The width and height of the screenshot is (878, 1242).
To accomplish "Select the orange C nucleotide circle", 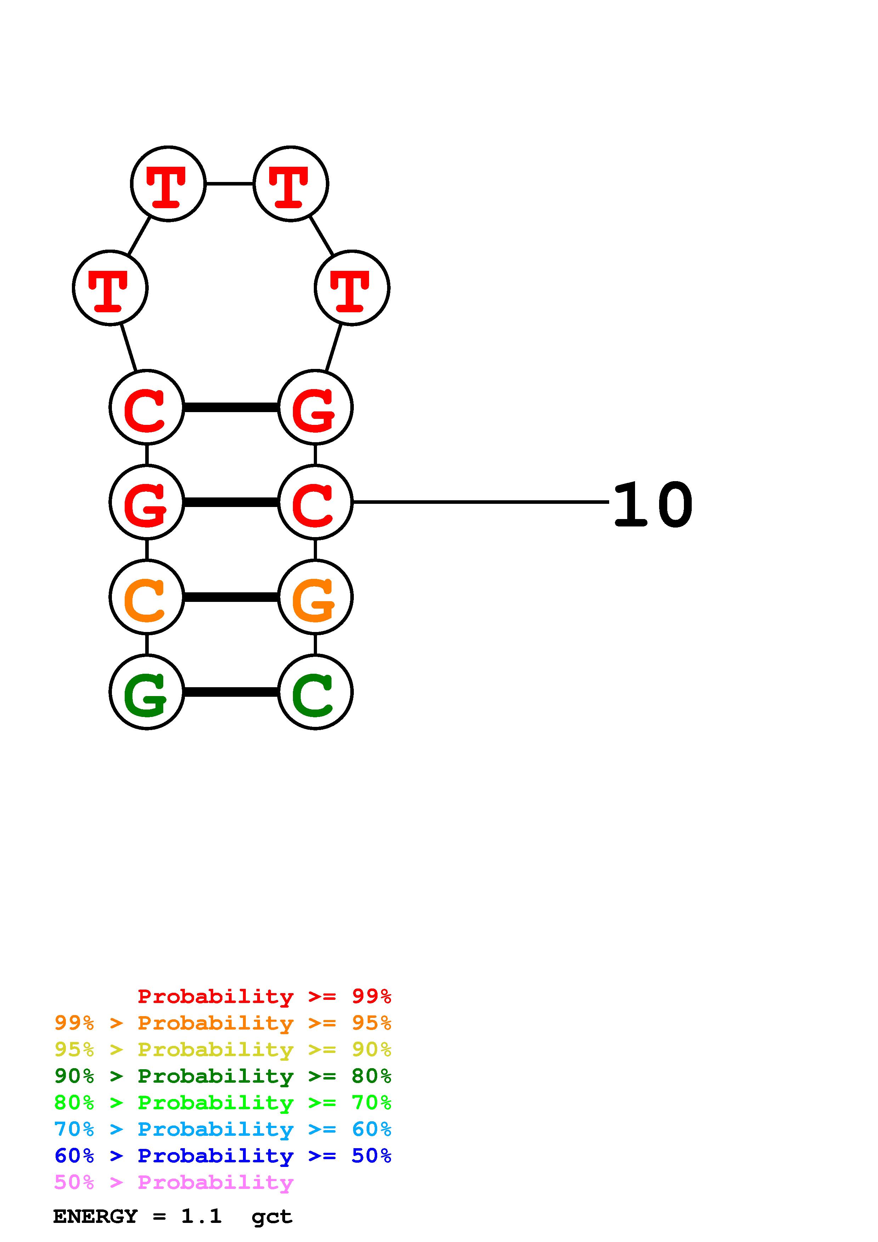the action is (147, 597).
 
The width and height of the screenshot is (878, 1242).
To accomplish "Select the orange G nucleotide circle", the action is (315, 597).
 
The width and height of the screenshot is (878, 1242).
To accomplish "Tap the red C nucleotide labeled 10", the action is (315, 502).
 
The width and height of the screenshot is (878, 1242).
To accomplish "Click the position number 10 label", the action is (653, 505).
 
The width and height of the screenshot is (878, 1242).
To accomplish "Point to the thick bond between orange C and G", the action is (231, 597).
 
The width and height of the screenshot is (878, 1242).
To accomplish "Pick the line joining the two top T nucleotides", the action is (230, 184).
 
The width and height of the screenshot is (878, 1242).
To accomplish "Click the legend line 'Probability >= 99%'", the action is (264, 996).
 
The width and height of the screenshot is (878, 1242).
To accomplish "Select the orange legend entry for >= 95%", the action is (222, 1023).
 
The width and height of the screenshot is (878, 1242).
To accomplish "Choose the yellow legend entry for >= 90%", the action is (222, 1049).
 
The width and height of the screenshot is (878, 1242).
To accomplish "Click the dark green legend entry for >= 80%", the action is (222, 1076).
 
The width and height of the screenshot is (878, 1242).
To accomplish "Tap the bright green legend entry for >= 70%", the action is (222, 1103).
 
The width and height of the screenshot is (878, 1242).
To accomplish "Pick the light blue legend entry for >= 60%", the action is (222, 1129).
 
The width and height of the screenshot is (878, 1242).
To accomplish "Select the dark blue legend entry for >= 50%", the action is (222, 1156).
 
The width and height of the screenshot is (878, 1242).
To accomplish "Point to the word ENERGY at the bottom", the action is (95, 1217).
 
